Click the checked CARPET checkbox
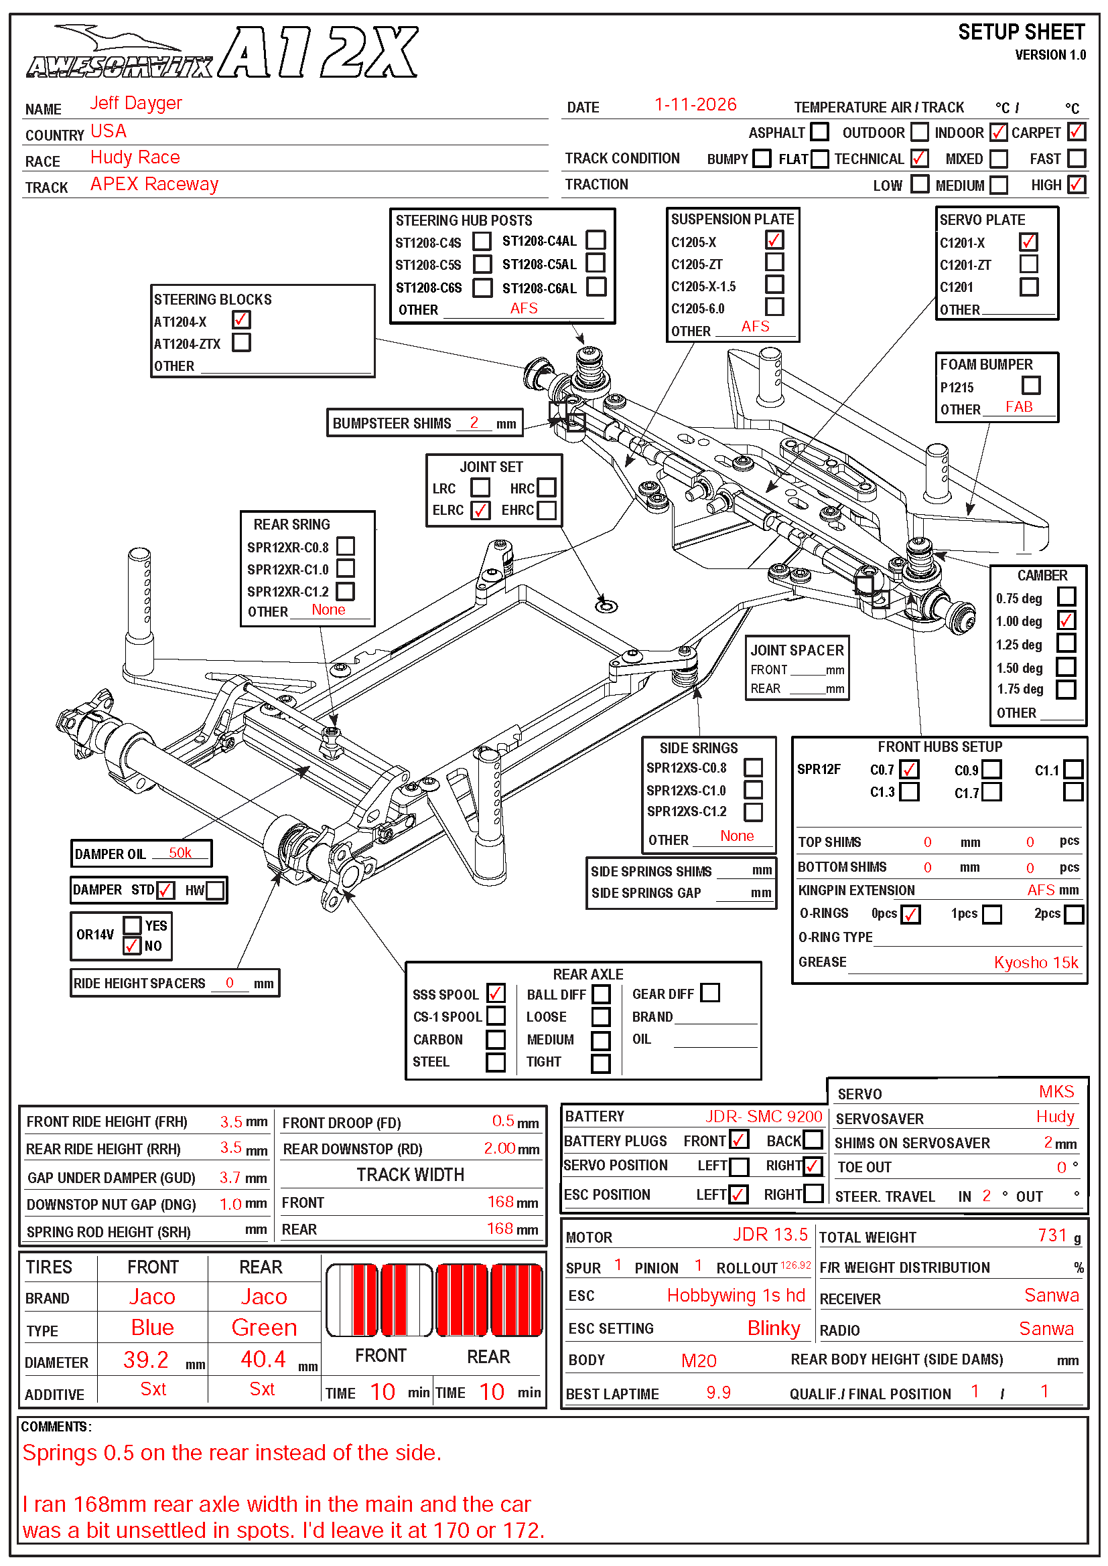click(x=1076, y=132)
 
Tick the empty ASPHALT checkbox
click(x=819, y=132)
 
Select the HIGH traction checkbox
click(x=1076, y=184)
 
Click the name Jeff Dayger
click(x=136, y=103)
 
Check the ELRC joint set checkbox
click(x=480, y=510)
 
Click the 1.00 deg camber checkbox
click(x=1066, y=621)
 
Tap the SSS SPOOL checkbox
click(x=496, y=993)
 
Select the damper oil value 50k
click(x=180, y=853)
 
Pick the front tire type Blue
click(x=152, y=1327)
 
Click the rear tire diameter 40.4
click(x=263, y=1359)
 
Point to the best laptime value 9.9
click(x=717, y=1393)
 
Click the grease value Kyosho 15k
click(x=1036, y=962)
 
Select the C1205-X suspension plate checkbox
click(x=774, y=241)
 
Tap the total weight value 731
click(x=1051, y=1235)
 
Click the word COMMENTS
click(x=54, y=1427)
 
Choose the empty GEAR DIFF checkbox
click(x=710, y=993)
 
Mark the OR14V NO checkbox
click(x=133, y=946)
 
